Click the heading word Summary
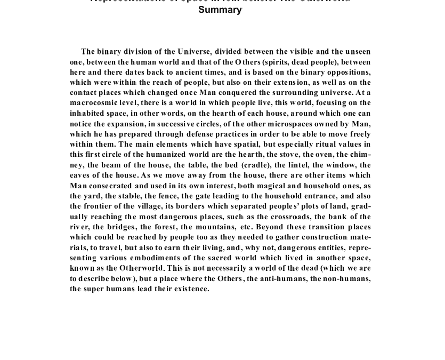point(220,10)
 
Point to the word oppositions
point(346,72)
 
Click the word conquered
point(235,93)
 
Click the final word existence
point(192,289)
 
